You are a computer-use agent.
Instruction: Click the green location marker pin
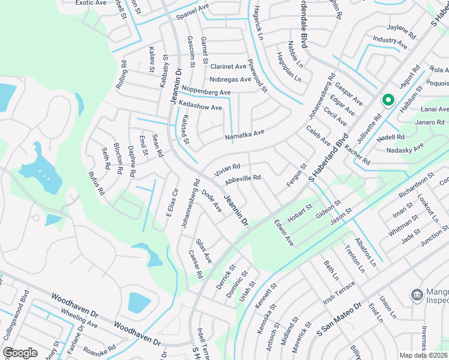tap(388, 100)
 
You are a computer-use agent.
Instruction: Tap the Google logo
tap(20, 353)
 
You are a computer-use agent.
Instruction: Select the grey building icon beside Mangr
tap(416, 295)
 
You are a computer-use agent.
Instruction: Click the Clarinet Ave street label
tap(228, 67)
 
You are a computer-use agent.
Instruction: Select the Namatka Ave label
tap(244, 136)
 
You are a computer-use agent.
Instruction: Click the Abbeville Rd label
tap(243, 178)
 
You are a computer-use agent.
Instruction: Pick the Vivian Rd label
tap(228, 170)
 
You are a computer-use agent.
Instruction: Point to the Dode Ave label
tap(211, 200)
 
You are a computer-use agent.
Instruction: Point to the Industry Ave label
tap(390, 41)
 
